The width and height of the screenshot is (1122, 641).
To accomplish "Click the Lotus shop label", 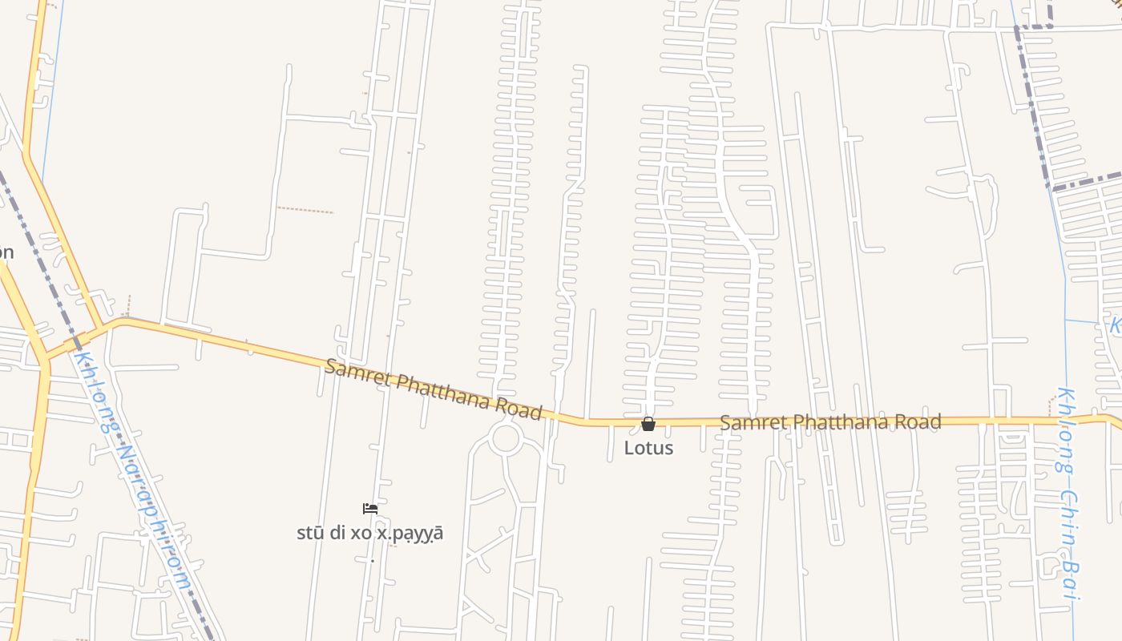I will point(648,447).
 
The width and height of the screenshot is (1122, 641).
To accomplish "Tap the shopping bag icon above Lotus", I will point(648,424).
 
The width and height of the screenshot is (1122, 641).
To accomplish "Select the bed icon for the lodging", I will point(369,508).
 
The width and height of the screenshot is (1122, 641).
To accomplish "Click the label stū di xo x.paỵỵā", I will point(369,533).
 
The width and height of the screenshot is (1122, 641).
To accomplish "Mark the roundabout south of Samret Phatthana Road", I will point(506,438).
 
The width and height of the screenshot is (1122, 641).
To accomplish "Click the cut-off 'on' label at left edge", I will point(6,253).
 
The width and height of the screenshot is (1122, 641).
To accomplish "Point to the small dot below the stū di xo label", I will point(372,561).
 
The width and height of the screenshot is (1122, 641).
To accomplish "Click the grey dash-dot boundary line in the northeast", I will point(1034,104).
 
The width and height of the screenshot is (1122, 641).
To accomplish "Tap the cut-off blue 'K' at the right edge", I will point(1115,326).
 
